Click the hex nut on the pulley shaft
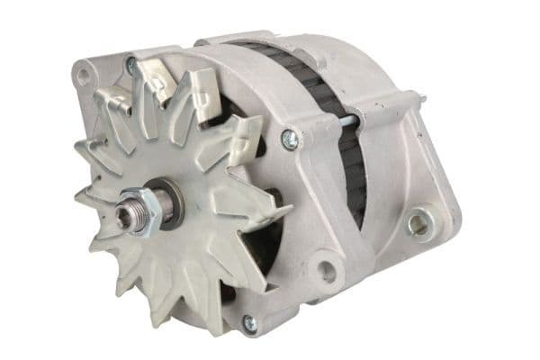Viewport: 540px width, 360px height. click(143, 209)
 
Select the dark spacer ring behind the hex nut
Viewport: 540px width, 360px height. click(166, 202)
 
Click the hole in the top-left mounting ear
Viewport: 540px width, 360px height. click(85, 76)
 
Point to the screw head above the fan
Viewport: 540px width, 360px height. click(131, 65)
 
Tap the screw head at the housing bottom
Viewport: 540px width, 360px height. click(250, 322)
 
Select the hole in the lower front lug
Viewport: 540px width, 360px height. click(326, 270)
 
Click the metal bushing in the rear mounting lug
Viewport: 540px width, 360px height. click(419, 222)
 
